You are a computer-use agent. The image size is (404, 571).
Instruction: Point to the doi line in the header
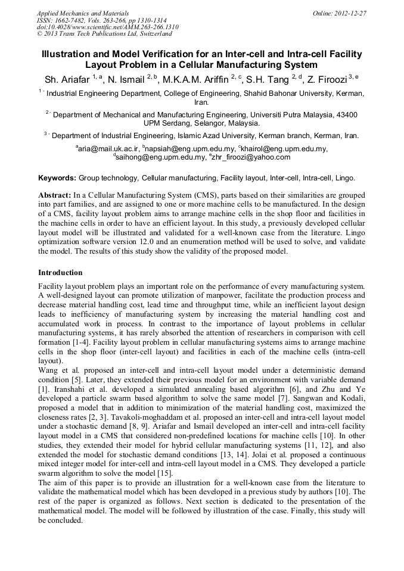click(107, 27)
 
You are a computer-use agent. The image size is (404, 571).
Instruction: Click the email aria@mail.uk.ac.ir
click(108, 148)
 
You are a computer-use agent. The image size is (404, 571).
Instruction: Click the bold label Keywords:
click(57, 178)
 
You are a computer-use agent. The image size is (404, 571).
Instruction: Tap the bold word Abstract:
click(54, 195)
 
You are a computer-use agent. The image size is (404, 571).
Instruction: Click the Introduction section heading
click(60, 272)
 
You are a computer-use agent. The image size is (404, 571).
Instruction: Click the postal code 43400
click(346, 114)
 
